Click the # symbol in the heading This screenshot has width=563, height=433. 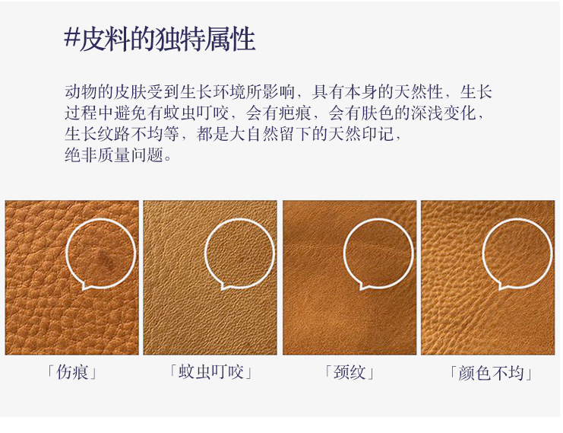[x=72, y=38]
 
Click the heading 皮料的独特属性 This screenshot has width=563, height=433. [x=168, y=38]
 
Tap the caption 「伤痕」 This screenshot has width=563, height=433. [x=72, y=373]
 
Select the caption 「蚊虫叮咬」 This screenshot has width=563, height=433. [x=210, y=373]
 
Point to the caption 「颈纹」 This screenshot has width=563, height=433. [x=350, y=373]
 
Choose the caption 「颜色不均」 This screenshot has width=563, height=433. [x=489, y=373]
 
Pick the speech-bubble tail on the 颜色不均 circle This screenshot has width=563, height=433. [x=502, y=286]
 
